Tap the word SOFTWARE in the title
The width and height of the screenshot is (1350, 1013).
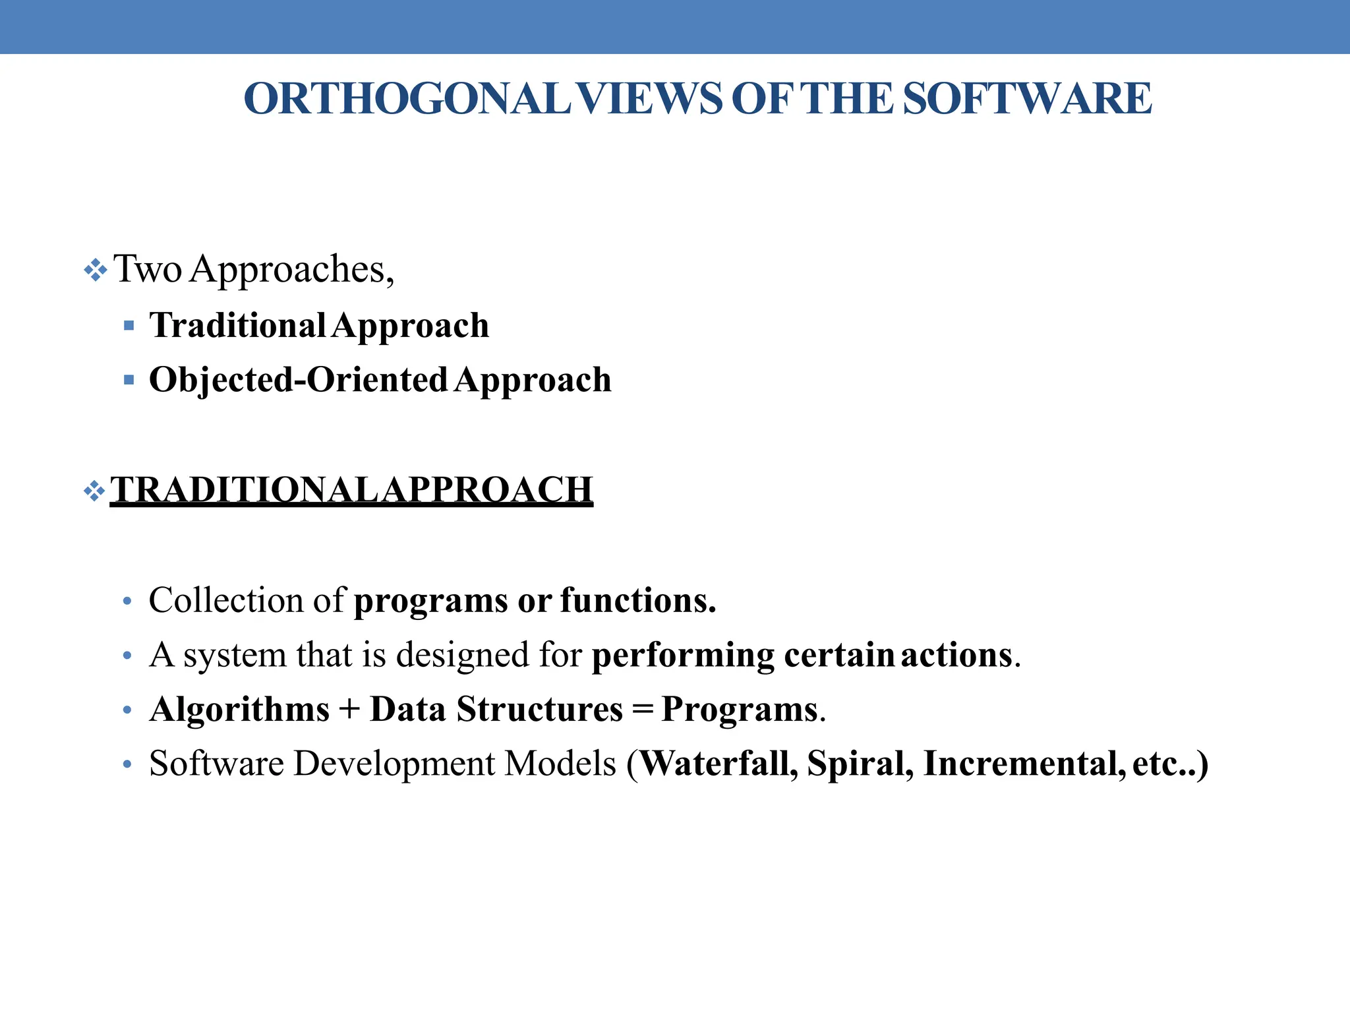click(x=1027, y=99)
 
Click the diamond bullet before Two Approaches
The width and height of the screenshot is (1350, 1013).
click(x=96, y=270)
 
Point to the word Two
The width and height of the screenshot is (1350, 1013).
click(x=148, y=269)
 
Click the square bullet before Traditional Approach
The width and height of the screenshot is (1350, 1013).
click(x=129, y=325)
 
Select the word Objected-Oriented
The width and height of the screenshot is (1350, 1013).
click(x=298, y=380)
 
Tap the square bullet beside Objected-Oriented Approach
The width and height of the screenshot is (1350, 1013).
click(x=129, y=380)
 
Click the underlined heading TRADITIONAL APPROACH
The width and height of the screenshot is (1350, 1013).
click(x=351, y=490)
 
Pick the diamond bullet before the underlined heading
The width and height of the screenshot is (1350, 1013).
click(x=96, y=491)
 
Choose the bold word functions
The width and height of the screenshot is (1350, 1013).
click(x=637, y=600)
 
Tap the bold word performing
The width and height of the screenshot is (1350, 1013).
click(x=683, y=656)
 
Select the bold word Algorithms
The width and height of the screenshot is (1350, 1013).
click(x=239, y=710)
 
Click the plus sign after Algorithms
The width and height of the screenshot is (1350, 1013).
click(x=350, y=710)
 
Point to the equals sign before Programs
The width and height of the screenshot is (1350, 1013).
click(x=642, y=710)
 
